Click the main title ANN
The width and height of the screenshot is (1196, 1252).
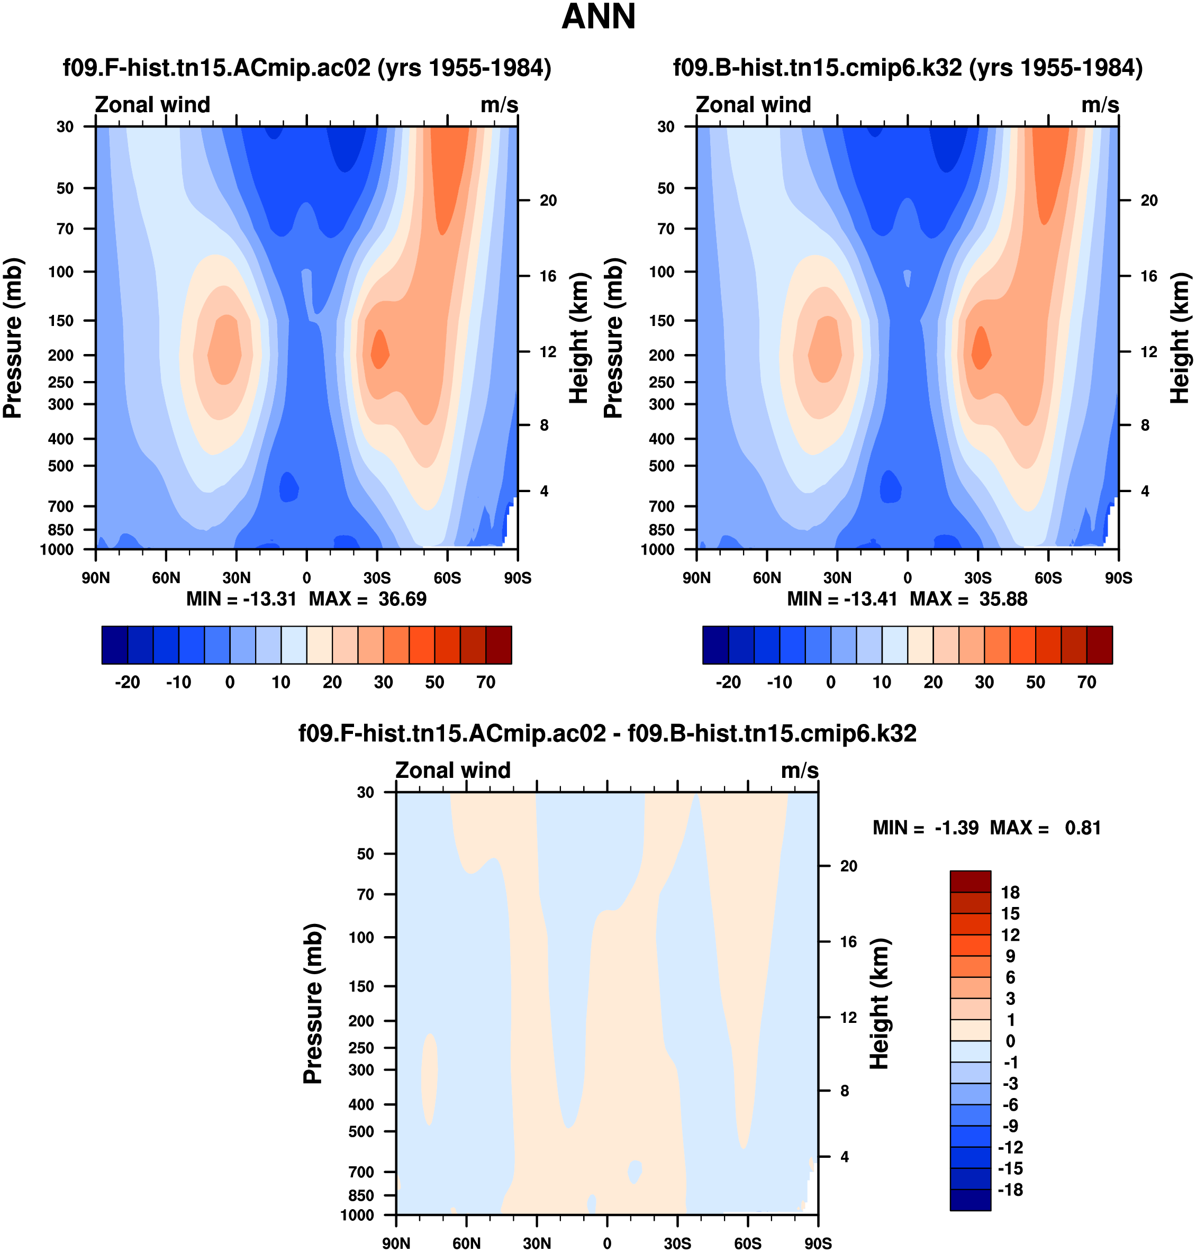pos(598,17)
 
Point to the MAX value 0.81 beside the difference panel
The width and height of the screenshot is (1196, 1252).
pos(1083,828)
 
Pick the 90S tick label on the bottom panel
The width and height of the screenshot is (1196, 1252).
pos(818,1244)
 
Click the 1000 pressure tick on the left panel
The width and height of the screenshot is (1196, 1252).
pos(57,549)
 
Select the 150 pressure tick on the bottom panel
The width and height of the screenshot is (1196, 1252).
pos(361,986)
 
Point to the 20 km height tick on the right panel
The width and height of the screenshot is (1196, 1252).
pos(1149,201)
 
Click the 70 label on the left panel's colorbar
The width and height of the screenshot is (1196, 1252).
pos(486,683)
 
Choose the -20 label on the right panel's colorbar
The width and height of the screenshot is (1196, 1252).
pos(728,683)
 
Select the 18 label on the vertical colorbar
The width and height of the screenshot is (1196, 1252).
pos(1010,893)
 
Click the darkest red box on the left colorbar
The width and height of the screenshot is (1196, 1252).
pos(499,645)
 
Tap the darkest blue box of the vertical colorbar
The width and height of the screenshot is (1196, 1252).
pos(971,1200)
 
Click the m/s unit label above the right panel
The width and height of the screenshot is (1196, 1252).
pos(1100,105)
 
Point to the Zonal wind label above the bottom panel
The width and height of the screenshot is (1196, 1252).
pos(452,770)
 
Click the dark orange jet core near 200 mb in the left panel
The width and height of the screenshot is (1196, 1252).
pos(379,349)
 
